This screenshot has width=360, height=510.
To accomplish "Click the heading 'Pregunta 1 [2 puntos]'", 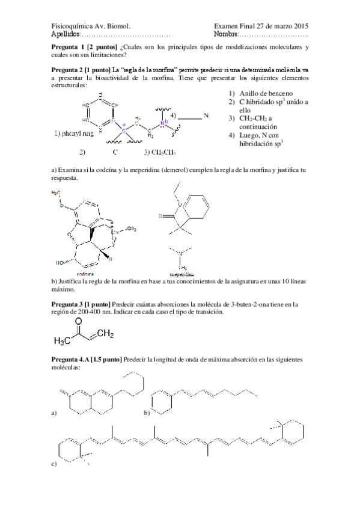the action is pos(84,46).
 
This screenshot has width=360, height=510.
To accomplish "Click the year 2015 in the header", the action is pos(298,26).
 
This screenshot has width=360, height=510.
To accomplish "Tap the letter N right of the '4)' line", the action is pos(206,115).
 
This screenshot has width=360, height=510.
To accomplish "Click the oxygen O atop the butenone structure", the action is pos(78,321).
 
